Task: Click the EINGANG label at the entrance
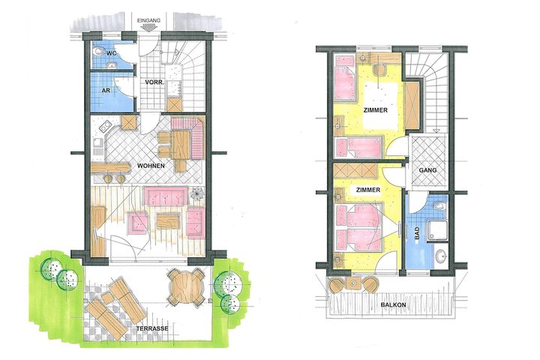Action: tap(148, 21)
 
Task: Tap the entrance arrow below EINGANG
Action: tap(148, 28)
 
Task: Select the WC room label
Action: tap(111, 53)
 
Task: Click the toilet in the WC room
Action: tap(99, 51)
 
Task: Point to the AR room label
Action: tap(106, 90)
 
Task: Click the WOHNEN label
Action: tap(151, 166)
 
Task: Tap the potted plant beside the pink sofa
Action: tap(197, 193)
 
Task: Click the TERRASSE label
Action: tap(152, 328)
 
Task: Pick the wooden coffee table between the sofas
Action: tap(169, 221)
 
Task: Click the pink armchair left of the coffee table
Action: tap(138, 223)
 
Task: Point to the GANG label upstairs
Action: tap(427, 170)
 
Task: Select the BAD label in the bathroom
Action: tap(418, 234)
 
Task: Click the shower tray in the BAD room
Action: tap(437, 230)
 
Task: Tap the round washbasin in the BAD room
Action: tap(440, 256)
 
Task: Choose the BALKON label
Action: tap(393, 305)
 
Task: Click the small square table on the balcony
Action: tap(353, 283)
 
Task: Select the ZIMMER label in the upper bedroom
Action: tap(376, 110)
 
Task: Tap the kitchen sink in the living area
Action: tap(106, 127)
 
